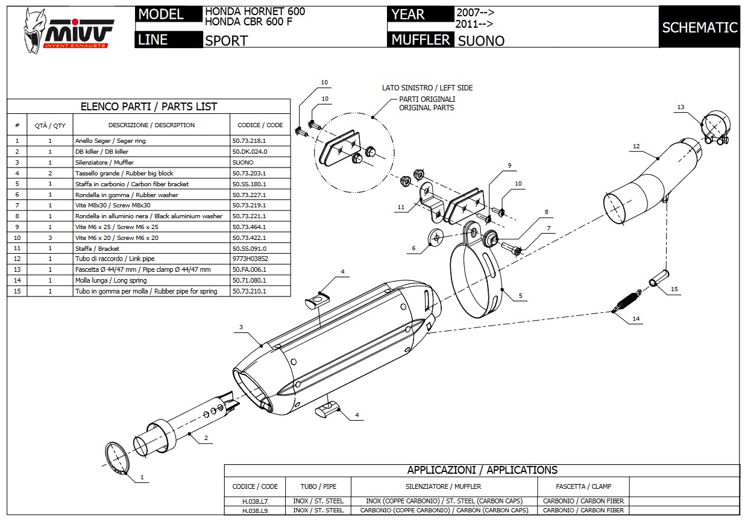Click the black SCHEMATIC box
coord(699,27)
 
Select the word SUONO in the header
coord(481,41)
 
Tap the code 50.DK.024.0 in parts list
coord(250,152)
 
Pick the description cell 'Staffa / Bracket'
coord(97,248)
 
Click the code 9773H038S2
coord(250,259)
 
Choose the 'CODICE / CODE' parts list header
coord(260,125)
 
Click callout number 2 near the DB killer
coord(206,438)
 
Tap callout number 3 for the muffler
coord(240,327)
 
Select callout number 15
coord(674,289)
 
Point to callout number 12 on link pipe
coord(636,146)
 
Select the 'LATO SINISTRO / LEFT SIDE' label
coord(427,88)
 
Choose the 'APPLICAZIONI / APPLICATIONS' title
coord(482,470)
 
